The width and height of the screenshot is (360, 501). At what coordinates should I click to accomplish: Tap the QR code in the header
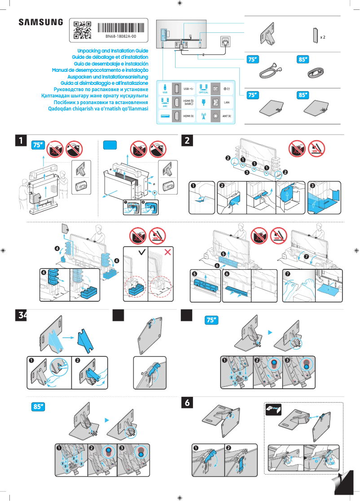(82, 30)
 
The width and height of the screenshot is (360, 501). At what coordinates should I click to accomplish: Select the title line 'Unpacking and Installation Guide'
(113, 51)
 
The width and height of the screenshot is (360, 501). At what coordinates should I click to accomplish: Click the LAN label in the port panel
(227, 102)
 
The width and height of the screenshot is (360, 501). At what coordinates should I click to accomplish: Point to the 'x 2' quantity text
(322, 37)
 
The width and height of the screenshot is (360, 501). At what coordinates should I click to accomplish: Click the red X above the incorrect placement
(169, 252)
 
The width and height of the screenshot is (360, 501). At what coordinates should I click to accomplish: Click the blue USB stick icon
(165, 87)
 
